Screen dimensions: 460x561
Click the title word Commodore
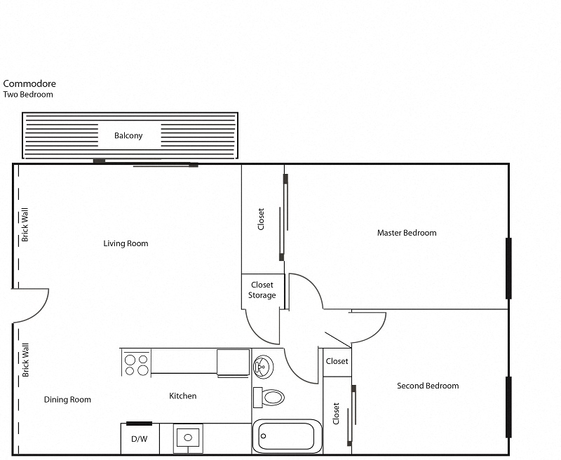click(x=29, y=83)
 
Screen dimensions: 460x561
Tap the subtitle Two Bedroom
click(x=28, y=95)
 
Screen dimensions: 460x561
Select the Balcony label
click(x=128, y=135)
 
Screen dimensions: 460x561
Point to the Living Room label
click(x=126, y=243)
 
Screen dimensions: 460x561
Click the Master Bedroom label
click(x=407, y=233)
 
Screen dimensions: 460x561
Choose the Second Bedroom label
click(x=428, y=386)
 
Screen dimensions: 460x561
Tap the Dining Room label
click(x=67, y=400)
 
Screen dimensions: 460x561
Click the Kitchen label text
click(x=183, y=396)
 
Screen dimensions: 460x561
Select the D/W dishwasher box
click(x=140, y=439)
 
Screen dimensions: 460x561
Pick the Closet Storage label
click(x=262, y=290)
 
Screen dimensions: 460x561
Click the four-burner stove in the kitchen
click(x=136, y=363)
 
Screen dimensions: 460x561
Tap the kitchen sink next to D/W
click(x=188, y=439)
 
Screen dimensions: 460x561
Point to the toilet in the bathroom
click(x=270, y=398)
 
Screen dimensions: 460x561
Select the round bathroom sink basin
click(x=262, y=365)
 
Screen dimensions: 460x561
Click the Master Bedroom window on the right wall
click(x=508, y=269)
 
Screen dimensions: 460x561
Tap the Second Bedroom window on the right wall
click(x=508, y=407)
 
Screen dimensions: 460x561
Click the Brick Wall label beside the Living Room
click(x=25, y=224)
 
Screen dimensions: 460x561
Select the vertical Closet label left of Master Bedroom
click(x=262, y=219)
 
